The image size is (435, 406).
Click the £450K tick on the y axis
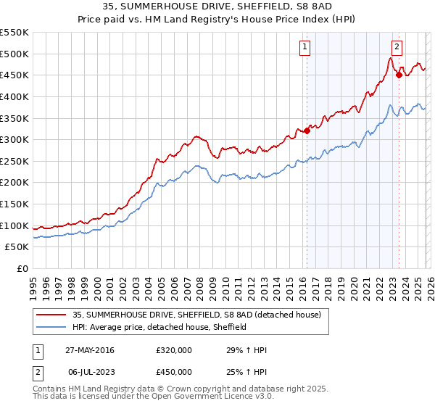(x=14, y=75)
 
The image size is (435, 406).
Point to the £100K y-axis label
(x=14, y=225)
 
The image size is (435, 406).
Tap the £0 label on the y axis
(x=22, y=268)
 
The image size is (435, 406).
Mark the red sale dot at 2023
(x=399, y=75)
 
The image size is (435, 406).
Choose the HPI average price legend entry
(x=159, y=327)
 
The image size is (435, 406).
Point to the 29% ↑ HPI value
(x=246, y=350)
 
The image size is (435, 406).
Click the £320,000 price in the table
(x=173, y=350)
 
